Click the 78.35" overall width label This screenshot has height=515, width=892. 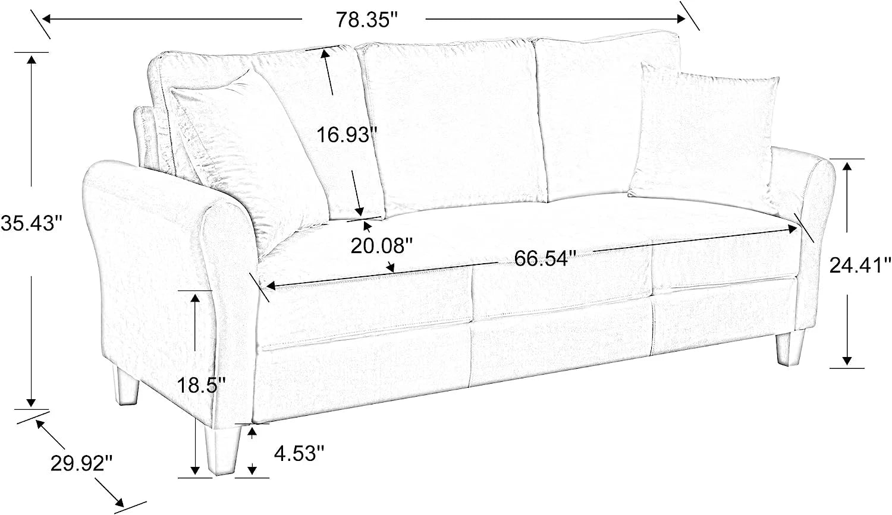point(367,20)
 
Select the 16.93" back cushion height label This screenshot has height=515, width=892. point(347,135)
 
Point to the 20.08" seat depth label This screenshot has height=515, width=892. point(382,246)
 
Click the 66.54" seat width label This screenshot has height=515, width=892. point(545,258)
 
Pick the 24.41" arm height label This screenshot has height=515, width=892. point(860,266)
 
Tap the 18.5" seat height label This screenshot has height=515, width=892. point(201,385)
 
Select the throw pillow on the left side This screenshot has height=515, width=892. point(247,159)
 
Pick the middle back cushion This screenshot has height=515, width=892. point(452,127)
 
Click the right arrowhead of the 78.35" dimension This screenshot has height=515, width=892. point(680,18)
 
